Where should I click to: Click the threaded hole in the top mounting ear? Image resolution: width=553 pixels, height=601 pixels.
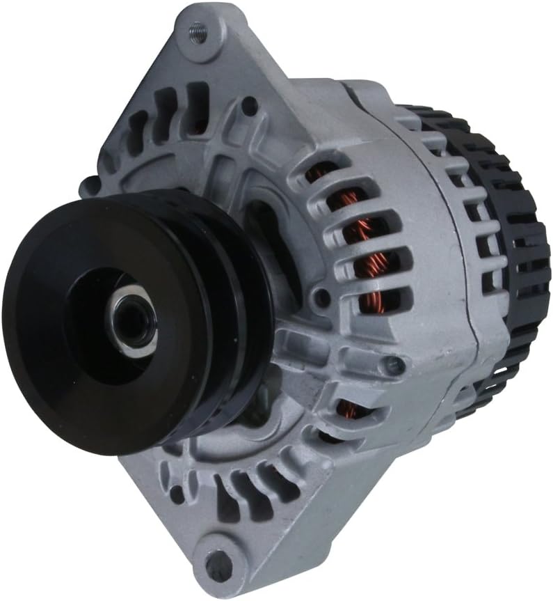pos(198,31)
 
